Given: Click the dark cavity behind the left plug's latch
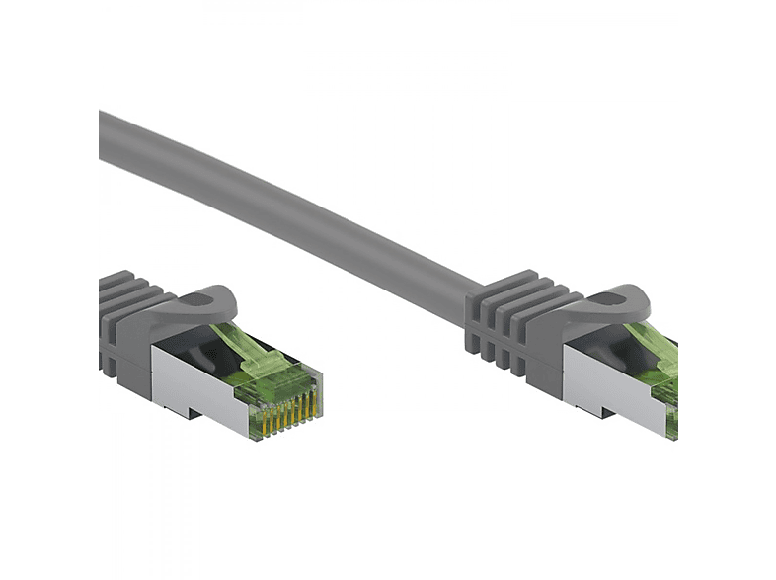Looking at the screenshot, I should pos(188,346).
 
